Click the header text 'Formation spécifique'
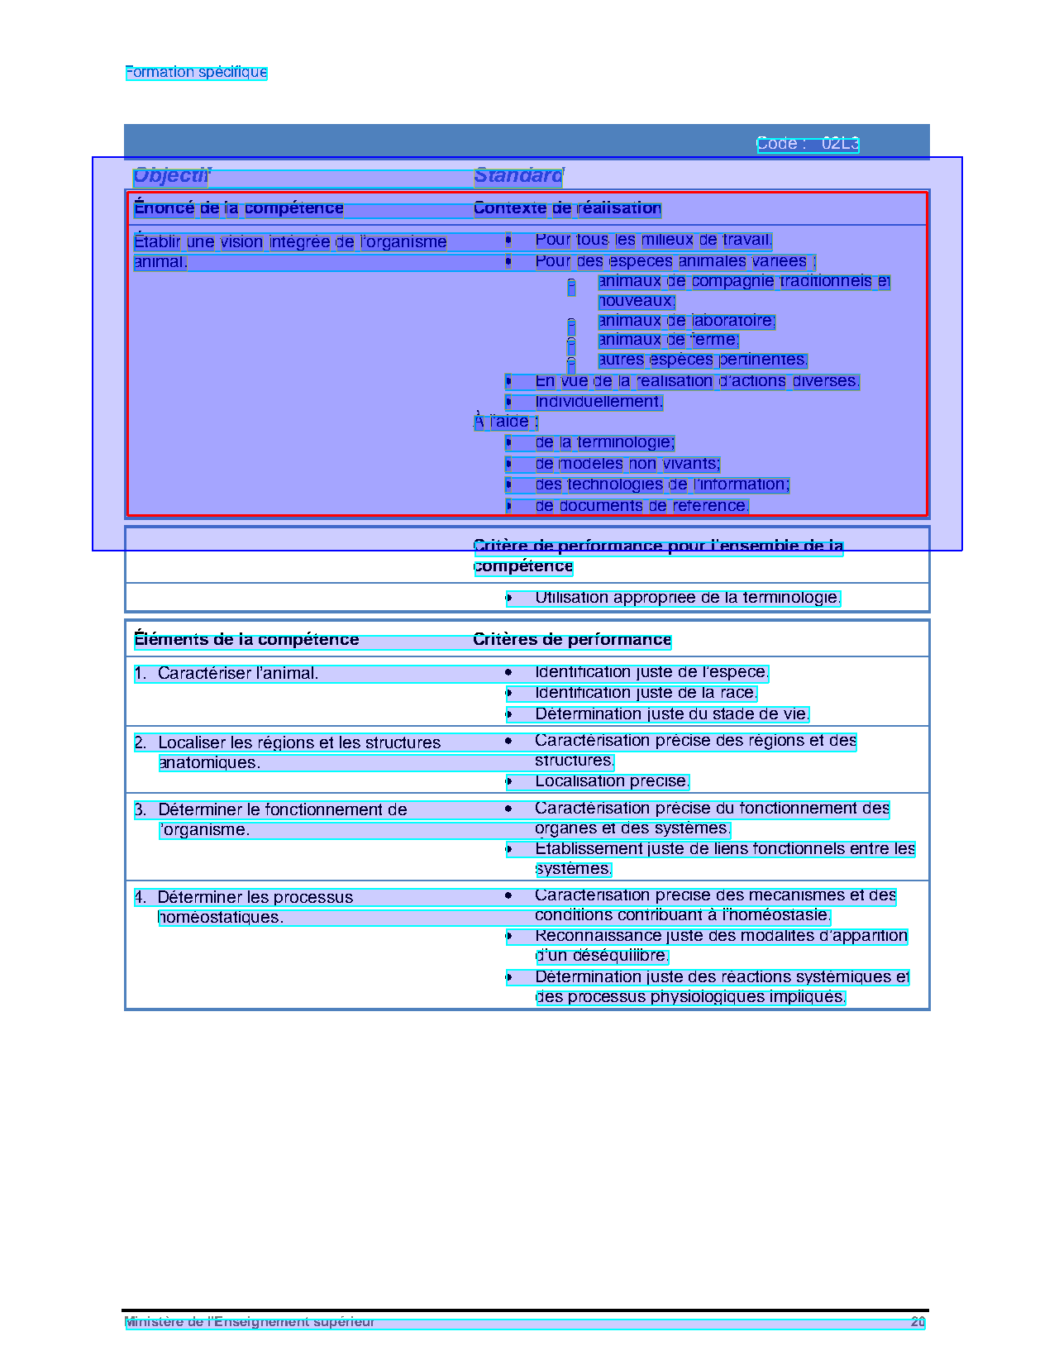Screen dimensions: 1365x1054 coord(196,72)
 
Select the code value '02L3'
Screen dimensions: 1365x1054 coord(840,144)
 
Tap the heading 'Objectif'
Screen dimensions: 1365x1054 coord(172,175)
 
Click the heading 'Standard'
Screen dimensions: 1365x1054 coord(518,175)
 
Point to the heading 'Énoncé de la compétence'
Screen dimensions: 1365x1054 coord(238,208)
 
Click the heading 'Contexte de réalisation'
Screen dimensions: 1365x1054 coord(567,208)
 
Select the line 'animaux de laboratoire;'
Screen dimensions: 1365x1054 coord(686,321)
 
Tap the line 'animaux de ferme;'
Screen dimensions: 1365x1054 coord(668,340)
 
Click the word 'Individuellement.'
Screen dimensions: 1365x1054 coord(599,402)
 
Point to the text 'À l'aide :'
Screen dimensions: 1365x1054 coord(506,422)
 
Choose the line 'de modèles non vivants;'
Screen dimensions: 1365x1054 coord(627,464)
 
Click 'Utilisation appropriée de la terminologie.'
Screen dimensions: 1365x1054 coord(687,598)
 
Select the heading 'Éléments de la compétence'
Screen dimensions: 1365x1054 coord(246,640)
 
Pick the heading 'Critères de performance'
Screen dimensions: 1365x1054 coord(572,640)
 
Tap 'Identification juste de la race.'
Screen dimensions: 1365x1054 coord(646,693)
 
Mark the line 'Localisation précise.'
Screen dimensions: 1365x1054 coord(612,781)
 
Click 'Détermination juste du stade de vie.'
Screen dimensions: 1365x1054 coord(672,714)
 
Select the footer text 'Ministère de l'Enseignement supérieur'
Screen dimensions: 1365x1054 coord(250,1322)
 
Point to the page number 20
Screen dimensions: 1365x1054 coord(918,1322)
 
